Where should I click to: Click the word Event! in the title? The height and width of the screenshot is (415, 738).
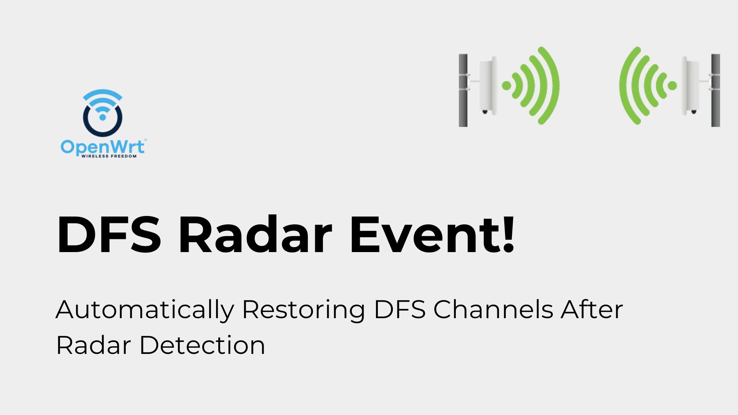click(x=432, y=235)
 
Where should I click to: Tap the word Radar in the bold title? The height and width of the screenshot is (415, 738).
click(x=255, y=235)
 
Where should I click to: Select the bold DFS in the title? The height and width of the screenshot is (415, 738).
click(x=109, y=235)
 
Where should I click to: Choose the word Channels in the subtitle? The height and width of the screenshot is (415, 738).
click(x=493, y=310)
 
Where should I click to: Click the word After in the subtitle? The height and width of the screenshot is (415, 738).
click(x=592, y=310)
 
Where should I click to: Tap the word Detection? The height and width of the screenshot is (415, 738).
click(x=202, y=345)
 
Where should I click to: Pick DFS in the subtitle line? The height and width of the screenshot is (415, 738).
click(x=400, y=310)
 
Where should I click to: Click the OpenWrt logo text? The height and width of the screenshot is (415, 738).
click(x=103, y=147)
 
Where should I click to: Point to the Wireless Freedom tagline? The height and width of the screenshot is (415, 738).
click(x=109, y=156)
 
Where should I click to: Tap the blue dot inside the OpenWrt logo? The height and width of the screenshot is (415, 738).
click(x=103, y=117)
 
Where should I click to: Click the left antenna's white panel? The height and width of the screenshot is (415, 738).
click(x=488, y=85)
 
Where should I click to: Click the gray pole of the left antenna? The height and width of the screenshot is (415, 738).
click(x=463, y=90)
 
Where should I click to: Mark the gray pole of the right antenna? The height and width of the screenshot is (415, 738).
click(x=715, y=90)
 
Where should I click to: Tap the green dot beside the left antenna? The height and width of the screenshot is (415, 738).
click(x=507, y=85)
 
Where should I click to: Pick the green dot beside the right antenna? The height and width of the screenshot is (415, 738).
click(x=672, y=85)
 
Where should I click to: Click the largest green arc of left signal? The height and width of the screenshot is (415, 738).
click(x=553, y=85)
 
